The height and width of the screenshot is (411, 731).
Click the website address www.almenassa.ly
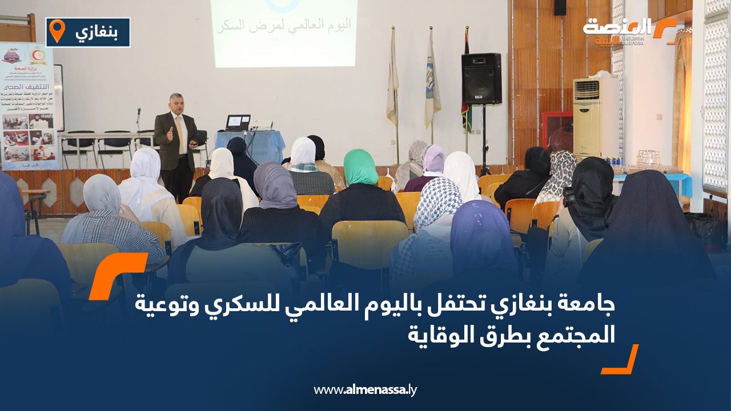tap(365, 390)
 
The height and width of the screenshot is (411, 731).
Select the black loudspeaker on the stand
tap(481, 79)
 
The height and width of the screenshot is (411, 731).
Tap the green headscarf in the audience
tap(360, 167)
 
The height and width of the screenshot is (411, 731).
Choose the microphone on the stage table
tap(138, 117)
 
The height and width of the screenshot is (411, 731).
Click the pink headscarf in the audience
tap(433, 159)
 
